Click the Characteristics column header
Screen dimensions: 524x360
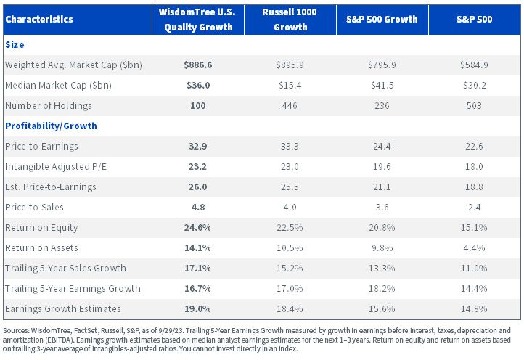39,19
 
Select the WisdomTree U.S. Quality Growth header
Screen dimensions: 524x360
198,20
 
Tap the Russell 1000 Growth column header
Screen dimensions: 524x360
290,20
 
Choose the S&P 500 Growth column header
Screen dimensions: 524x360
382,19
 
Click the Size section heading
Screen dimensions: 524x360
15,45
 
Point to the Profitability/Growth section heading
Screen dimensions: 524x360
51,126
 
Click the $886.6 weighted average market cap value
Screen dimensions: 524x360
198,65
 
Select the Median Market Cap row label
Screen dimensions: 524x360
58,85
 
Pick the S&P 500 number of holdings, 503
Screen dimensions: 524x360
474,106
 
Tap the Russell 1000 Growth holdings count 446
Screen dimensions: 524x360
290,106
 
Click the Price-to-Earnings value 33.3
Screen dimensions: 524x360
290,146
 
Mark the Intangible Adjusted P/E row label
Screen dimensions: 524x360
56,166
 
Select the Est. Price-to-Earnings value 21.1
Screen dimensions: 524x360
382,187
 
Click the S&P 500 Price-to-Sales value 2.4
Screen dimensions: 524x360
474,208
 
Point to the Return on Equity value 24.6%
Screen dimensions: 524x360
197,228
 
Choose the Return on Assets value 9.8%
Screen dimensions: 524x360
382,248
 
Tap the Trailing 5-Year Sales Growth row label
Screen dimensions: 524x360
65,268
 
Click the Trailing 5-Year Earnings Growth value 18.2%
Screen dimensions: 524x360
382,288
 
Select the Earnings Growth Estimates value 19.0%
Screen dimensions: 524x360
197,309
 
